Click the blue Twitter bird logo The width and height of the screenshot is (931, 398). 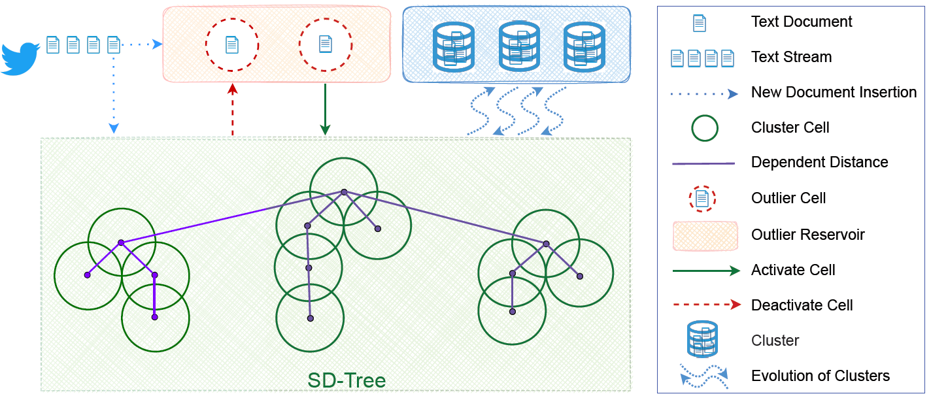tap(20, 59)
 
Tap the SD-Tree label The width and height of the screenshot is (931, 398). tap(347, 380)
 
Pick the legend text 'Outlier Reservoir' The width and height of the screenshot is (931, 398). tap(808, 235)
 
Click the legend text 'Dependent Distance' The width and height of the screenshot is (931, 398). tap(819, 162)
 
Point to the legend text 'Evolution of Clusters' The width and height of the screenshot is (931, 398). tap(820, 376)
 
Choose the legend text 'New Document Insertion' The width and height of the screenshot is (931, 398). tap(834, 92)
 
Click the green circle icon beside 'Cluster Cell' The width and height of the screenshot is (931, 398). tap(704, 127)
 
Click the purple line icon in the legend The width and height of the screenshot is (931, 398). tap(703, 163)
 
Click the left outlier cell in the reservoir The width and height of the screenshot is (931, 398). tap(232, 44)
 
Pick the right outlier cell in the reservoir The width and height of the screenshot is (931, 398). tap(326, 44)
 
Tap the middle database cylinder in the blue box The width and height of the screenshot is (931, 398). tap(518, 46)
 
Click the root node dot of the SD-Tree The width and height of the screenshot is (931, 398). tap(343, 192)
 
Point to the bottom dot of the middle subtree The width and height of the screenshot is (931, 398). tap(310, 318)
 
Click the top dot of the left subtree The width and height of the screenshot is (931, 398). tap(121, 242)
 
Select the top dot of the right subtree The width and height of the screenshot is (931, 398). tap(546, 244)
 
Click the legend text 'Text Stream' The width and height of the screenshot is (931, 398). tap(791, 57)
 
